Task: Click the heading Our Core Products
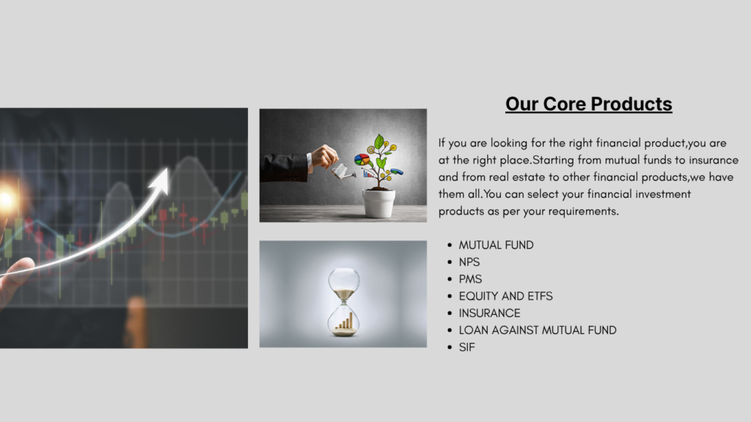point(589,104)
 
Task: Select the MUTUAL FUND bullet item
point(497,245)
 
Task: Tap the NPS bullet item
point(469,262)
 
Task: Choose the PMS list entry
point(470,279)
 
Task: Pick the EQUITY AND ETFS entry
point(506,296)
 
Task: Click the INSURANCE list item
point(489,314)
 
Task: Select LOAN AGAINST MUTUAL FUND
point(538,330)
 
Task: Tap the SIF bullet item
point(467,347)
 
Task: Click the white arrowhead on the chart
point(160,180)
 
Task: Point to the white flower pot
point(379,203)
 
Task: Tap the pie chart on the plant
point(362,159)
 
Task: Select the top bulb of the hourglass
point(344,283)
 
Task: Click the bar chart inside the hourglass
point(345,321)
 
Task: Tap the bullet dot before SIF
point(450,347)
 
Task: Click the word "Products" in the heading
point(631,104)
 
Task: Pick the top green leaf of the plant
point(379,141)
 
